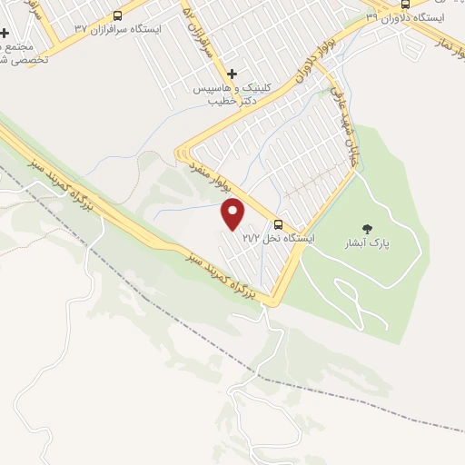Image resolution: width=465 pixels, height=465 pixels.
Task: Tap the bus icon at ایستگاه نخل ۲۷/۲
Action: coord(278,224)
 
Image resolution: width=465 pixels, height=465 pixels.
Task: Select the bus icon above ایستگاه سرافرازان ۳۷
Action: coord(117,15)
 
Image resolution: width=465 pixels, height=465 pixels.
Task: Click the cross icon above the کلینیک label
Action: coord(232,74)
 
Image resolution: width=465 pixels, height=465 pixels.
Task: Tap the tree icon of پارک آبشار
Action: coord(367,229)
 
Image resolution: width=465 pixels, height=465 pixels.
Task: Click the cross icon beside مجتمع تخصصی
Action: coord(5,33)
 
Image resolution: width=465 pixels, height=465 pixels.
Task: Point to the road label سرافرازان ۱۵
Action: coord(203,32)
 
